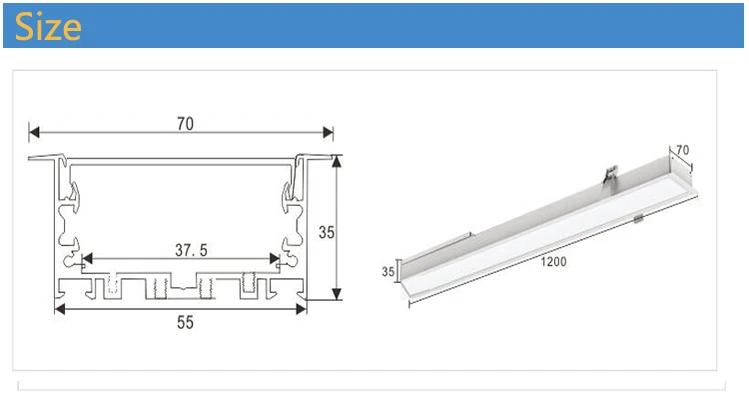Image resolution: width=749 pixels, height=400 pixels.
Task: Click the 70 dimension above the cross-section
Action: coord(185,124)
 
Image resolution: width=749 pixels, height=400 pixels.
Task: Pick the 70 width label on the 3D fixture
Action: coord(683,151)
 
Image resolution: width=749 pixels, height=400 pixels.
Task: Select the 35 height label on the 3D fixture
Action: coord(387,271)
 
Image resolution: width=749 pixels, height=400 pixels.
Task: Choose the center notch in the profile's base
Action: coord(180,291)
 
